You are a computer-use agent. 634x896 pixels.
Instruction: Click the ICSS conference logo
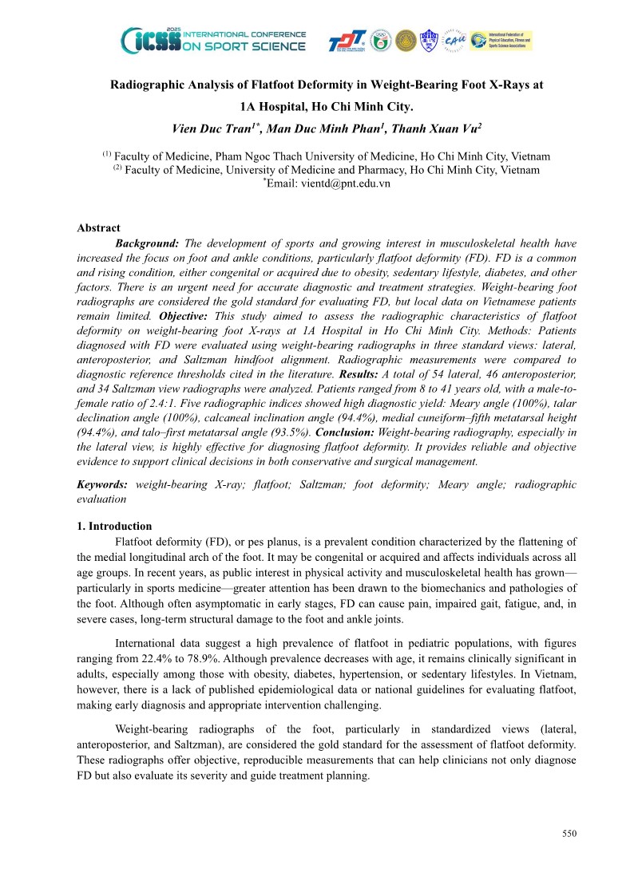coord(213,39)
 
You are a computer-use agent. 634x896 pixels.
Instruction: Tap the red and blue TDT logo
coord(347,41)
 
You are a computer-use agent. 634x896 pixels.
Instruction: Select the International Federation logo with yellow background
coord(501,41)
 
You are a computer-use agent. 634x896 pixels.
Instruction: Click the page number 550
coord(569,834)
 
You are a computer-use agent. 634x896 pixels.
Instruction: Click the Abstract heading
coord(98,228)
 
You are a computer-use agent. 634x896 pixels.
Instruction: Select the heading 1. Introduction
coord(114,527)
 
